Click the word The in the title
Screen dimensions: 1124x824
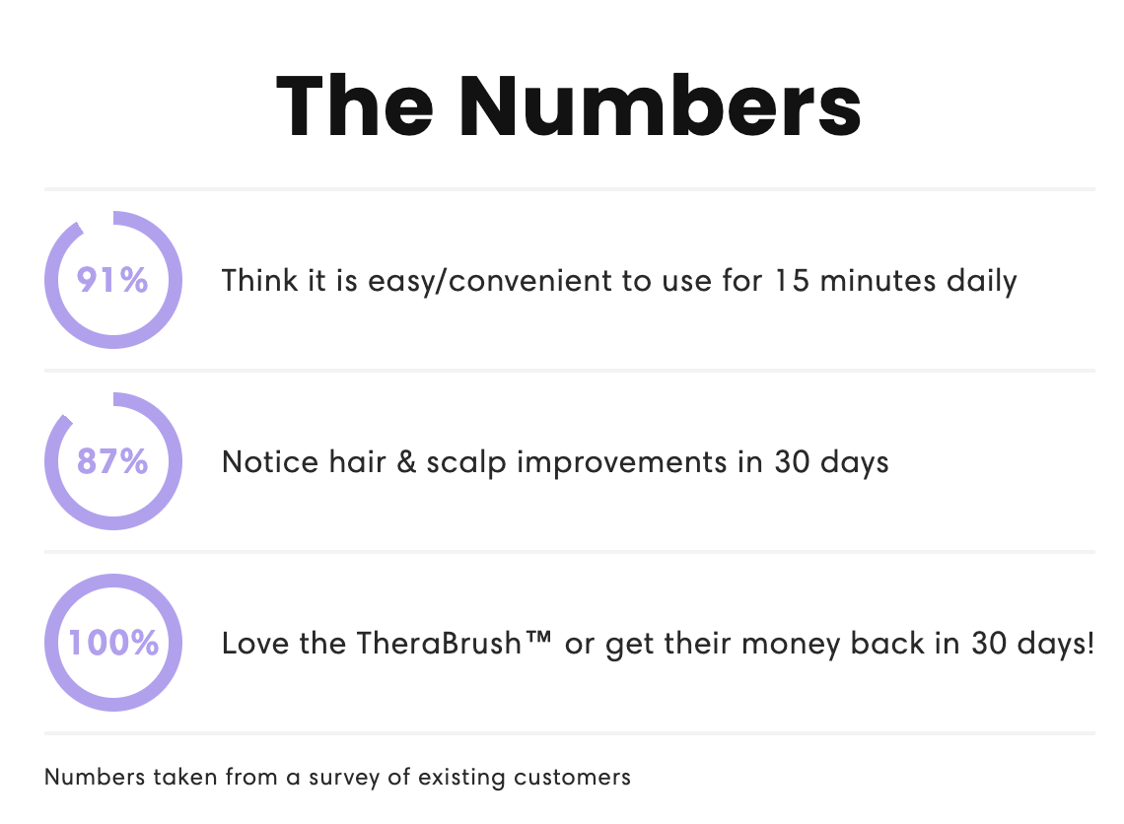pyautogui.click(x=355, y=106)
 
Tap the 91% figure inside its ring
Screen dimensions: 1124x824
pyautogui.click(x=112, y=280)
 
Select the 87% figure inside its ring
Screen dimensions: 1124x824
pyautogui.click(x=112, y=461)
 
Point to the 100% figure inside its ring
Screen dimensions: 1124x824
pyautogui.click(x=113, y=643)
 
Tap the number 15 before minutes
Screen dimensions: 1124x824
pyautogui.click(x=792, y=280)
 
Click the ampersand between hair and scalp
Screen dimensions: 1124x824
pyautogui.click(x=406, y=461)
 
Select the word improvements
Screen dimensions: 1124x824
pyautogui.click(x=621, y=463)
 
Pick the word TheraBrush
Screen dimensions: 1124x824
pyautogui.click(x=439, y=643)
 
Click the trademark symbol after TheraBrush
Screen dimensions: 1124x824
pyautogui.click(x=538, y=636)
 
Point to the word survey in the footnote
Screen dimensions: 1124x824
pyautogui.click(x=344, y=778)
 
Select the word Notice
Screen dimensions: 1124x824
pyautogui.click(x=270, y=461)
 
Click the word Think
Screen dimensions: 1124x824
pyautogui.click(x=259, y=280)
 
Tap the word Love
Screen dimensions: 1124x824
pyautogui.click(x=255, y=643)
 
